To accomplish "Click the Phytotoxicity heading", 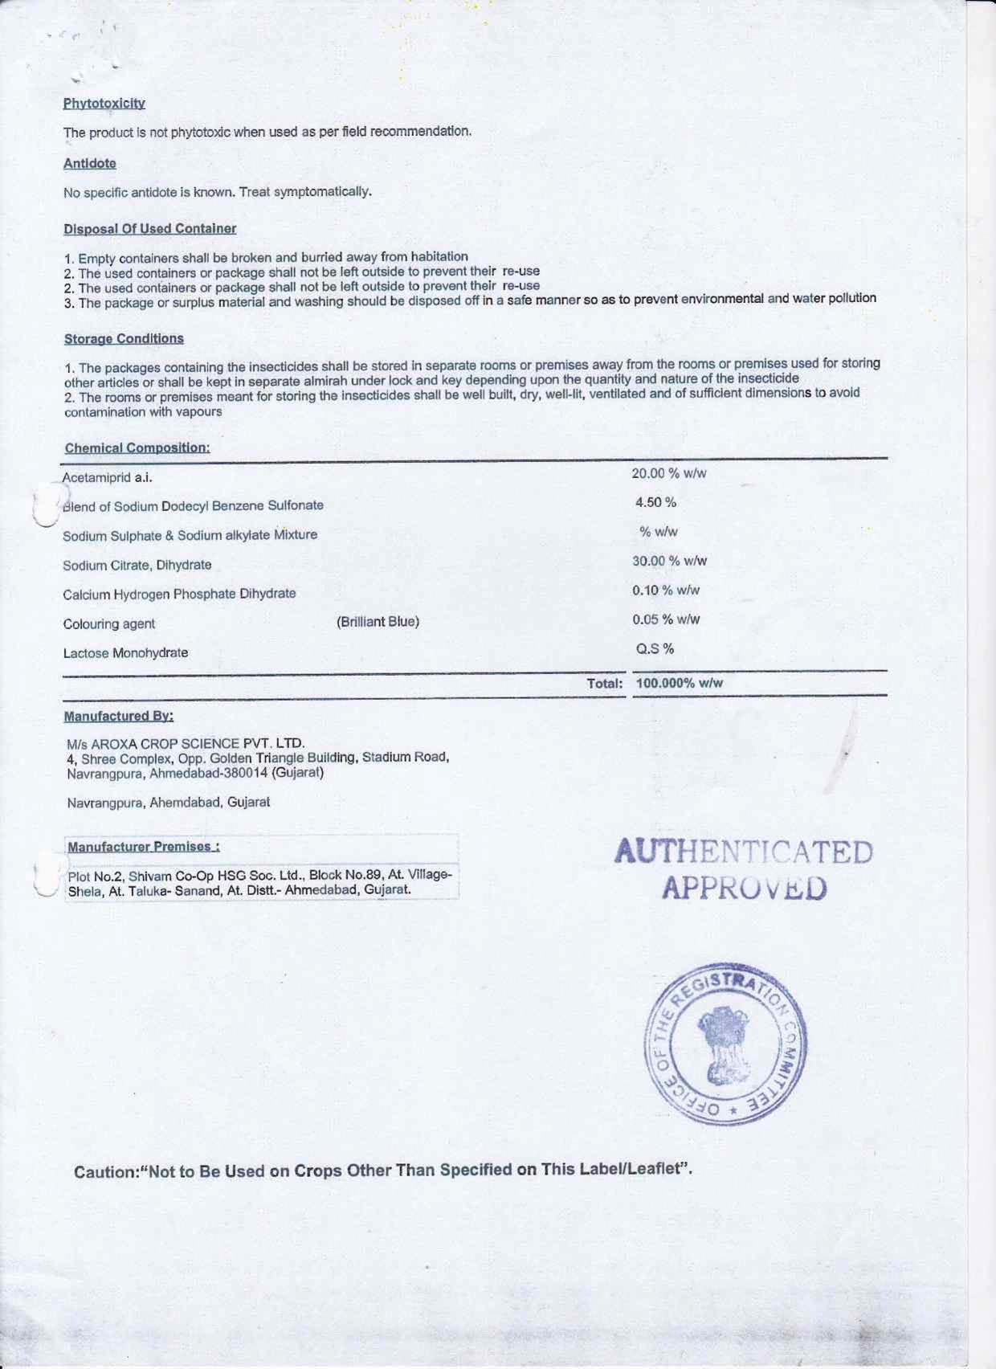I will pyautogui.click(x=104, y=104).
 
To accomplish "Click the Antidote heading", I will pyautogui.click(x=90, y=163).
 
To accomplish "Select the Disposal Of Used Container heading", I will pyautogui.click(x=150, y=229).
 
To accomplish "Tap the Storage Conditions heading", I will pyautogui.click(x=124, y=339).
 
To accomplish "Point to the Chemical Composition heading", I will pyautogui.click(x=137, y=447).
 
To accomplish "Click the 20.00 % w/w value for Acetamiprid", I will pyautogui.click(x=669, y=473).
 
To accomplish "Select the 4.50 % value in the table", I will pyautogui.click(x=655, y=503).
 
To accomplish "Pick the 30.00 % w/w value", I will pyautogui.click(x=669, y=561).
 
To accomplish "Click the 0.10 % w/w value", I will pyautogui.click(x=666, y=591).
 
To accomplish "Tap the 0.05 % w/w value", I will pyautogui.click(x=666, y=619).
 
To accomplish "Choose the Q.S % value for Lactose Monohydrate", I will pyautogui.click(x=655, y=648).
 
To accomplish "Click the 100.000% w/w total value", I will pyautogui.click(x=680, y=684).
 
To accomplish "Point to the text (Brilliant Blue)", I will pyautogui.click(x=378, y=622).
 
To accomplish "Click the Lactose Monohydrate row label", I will pyautogui.click(x=126, y=653).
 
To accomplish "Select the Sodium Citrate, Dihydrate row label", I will pyautogui.click(x=137, y=565).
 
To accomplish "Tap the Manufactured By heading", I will pyautogui.click(x=119, y=716).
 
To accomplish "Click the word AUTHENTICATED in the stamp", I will pyautogui.click(x=744, y=852).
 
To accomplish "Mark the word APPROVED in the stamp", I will pyautogui.click(x=744, y=889).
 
